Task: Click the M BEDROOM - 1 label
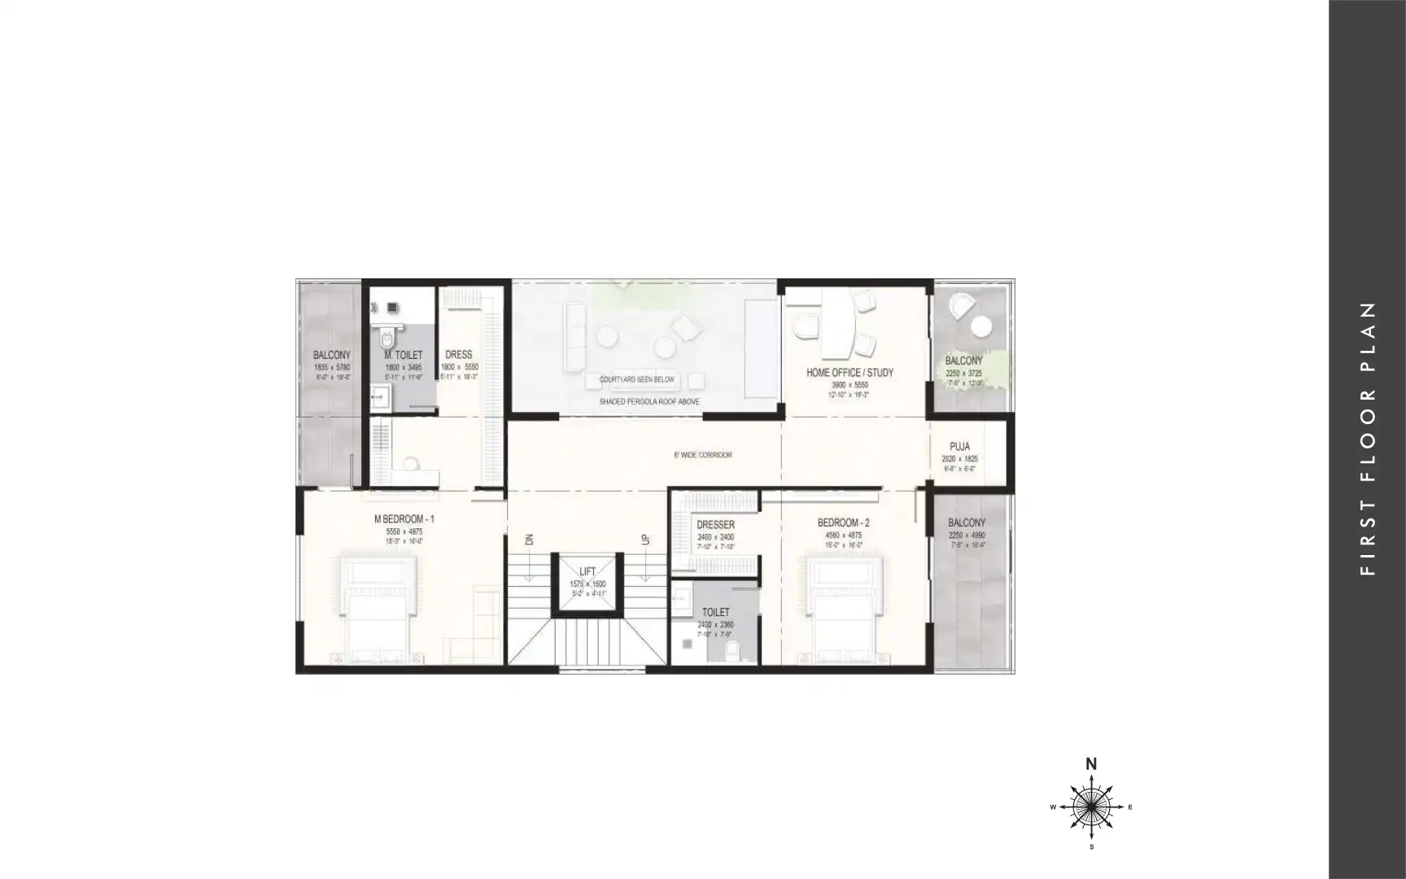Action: click(x=404, y=518)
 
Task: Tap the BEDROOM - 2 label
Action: click(x=843, y=523)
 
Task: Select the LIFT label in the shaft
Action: click(x=587, y=571)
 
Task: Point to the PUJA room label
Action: click(x=959, y=447)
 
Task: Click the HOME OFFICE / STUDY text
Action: click(x=849, y=372)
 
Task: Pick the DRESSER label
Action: click(x=715, y=525)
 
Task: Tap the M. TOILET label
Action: click(x=404, y=355)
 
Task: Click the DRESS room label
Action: click(x=459, y=354)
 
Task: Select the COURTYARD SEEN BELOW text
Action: click(x=637, y=379)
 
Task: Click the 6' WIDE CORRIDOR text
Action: click(x=703, y=455)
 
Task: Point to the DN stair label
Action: click(x=529, y=540)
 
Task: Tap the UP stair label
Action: click(x=645, y=540)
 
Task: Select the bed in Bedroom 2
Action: click(x=843, y=606)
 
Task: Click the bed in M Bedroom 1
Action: click(x=377, y=606)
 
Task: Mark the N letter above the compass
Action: click(x=1091, y=763)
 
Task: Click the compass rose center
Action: click(x=1091, y=807)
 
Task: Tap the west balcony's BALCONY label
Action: click(x=332, y=355)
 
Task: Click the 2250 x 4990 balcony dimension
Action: click(x=967, y=536)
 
